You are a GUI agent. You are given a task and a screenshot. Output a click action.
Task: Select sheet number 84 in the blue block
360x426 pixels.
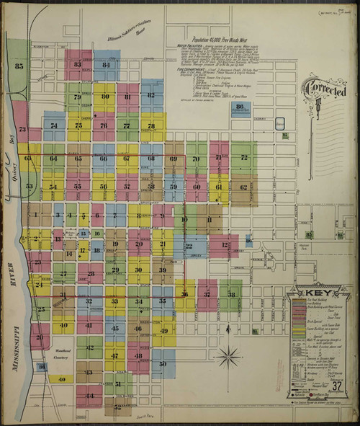(x=107, y=65)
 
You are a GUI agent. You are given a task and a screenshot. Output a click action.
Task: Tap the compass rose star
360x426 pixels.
(x=229, y=356)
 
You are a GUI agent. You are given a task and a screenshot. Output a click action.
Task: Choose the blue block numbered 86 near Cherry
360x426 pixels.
(x=240, y=107)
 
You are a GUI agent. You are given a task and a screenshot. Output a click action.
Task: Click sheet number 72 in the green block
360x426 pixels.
(x=243, y=156)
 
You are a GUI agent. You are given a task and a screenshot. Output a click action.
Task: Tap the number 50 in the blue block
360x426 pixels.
(x=163, y=364)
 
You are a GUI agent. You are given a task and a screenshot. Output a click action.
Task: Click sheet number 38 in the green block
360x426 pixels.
(x=231, y=294)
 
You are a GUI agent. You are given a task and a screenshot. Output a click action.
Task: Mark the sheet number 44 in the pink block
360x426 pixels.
(x=89, y=396)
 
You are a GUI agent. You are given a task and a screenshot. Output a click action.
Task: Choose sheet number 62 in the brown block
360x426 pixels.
(x=243, y=187)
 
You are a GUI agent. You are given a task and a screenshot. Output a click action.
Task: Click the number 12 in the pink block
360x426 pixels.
(x=224, y=245)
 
